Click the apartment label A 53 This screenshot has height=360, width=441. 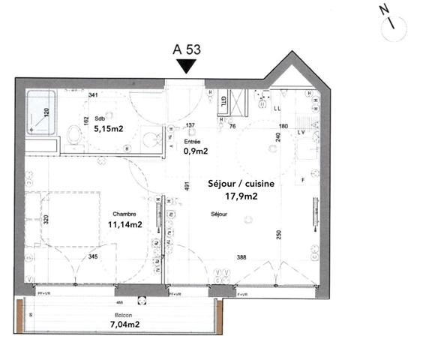187,50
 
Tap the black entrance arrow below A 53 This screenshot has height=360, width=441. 187,67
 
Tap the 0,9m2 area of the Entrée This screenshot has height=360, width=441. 196,150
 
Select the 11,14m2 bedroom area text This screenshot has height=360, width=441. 125,223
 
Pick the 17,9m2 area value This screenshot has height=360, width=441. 241,196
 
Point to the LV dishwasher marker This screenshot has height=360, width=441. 301,133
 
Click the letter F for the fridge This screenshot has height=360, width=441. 304,180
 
